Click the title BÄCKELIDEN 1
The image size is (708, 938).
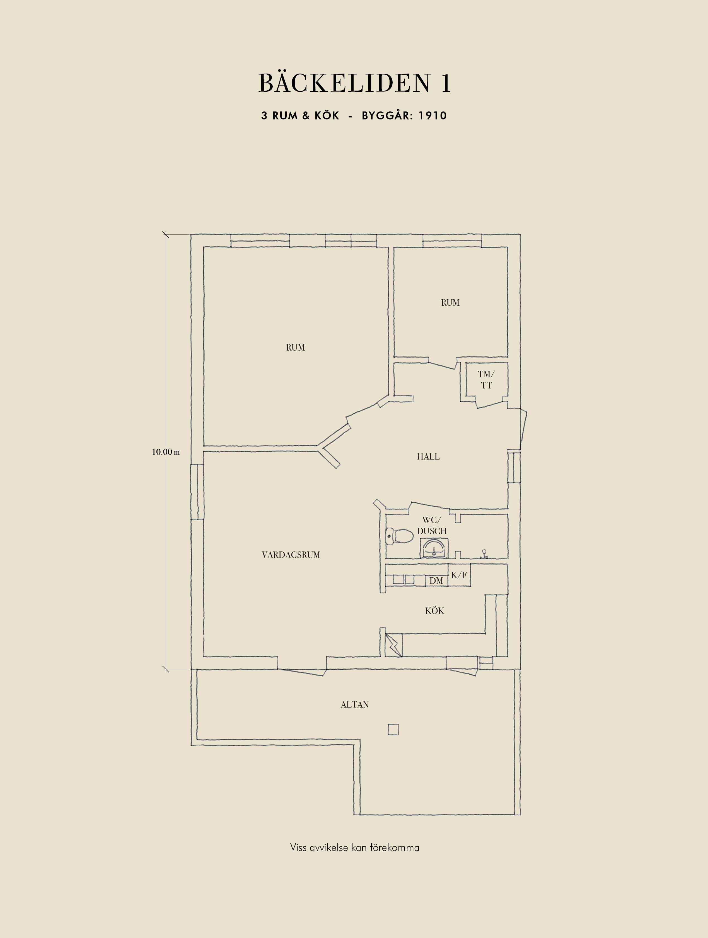pos(355,83)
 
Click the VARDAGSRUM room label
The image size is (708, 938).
pos(291,555)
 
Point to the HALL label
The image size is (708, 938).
pos(428,457)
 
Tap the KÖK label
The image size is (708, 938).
pos(434,611)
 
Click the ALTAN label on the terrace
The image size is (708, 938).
pos(355,704)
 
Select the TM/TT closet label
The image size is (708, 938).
pos(486,380)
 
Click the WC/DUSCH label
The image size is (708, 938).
pos(432,525)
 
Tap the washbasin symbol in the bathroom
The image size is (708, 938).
pos(434,548)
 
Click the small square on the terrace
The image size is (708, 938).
pos(393,729)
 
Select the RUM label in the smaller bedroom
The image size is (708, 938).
pos(450,303)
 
